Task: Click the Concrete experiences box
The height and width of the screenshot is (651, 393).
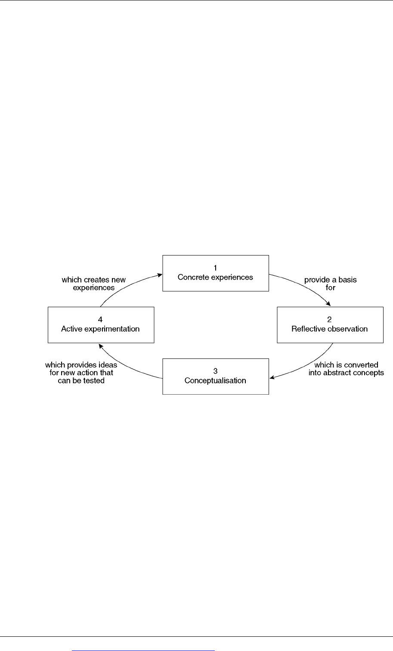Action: [x=216, y=273]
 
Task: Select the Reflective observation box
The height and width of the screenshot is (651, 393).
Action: [x=330, y=325]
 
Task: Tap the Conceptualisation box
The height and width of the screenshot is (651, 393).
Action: [x=216, y=377]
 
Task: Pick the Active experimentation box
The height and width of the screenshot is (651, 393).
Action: [x=101, y=325]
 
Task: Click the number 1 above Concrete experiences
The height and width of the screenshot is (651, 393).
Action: [x=215, y=268]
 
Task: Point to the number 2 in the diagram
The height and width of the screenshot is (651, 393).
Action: [x=329, y=319]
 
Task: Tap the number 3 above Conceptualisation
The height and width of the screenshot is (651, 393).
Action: [x=215, y=371]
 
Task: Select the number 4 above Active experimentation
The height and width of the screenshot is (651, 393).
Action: [x=100, y=319]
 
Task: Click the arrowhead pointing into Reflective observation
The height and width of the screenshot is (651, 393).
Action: [x=328, y=304]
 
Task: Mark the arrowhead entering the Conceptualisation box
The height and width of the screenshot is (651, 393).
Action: [x=272, y=377]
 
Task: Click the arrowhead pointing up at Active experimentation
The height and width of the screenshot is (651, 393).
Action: [x=101, y=346]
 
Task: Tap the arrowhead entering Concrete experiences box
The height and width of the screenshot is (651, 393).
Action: [x=159, y=274]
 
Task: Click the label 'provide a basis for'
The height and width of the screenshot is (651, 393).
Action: [x=331, y=283]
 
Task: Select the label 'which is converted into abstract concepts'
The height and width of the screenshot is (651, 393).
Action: [x=346, y=369]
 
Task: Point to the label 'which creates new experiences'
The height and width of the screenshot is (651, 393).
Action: [x=93, y=283]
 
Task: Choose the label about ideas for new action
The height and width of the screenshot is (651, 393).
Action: [x=81, y=373]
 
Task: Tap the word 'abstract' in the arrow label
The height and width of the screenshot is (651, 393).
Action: [x=336, y=373]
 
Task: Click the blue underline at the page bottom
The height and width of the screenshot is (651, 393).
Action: [x=143, y=651]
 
